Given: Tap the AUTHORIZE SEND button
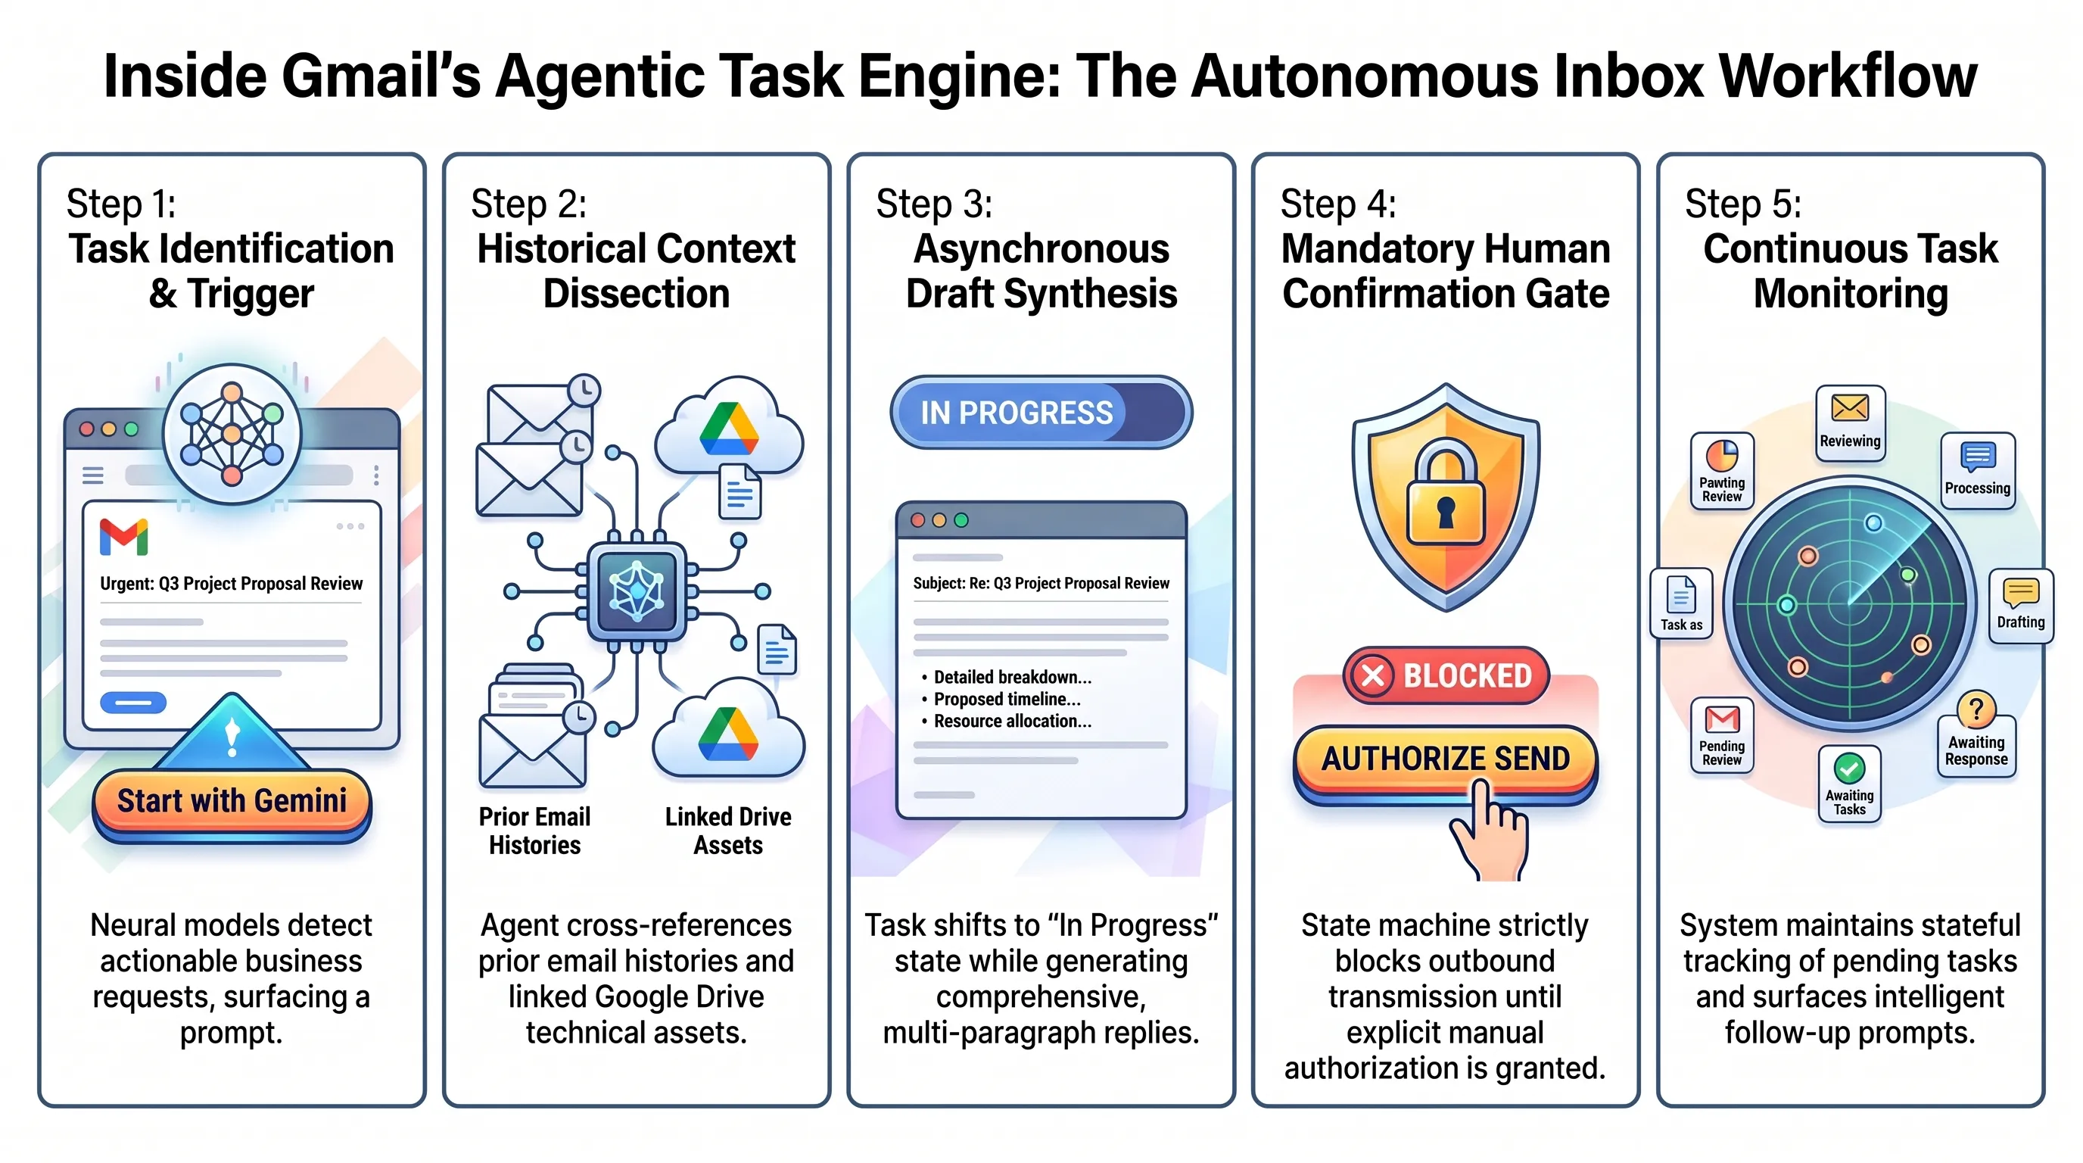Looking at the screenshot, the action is pos(1445,760).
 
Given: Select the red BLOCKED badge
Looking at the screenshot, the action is pos(1446,675).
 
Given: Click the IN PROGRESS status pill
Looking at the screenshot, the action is pos(1041,412).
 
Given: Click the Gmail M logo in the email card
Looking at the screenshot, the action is pos(123,537).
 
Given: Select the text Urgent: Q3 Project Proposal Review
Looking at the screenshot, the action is pos(232,584).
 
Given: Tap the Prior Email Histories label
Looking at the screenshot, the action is pos(534,831).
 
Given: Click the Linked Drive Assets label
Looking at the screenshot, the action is pos(727,831).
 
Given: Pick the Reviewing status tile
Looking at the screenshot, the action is pos(1850,423).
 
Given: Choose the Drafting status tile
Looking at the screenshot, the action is pos(2021,606).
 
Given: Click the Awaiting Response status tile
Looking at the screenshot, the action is pos(1976,734).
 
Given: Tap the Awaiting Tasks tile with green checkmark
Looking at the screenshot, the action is pos(1849,784).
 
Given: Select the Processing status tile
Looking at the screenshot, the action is pos(1977,471).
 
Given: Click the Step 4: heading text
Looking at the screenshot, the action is pos(1338,204).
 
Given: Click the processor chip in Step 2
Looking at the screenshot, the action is pos(637,592).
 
